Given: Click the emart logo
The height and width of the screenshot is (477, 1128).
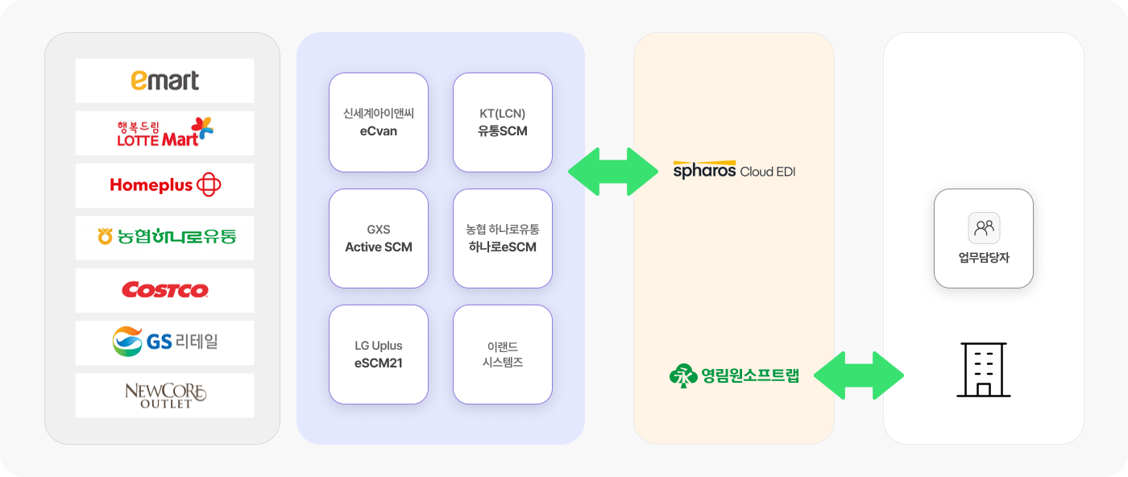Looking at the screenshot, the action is [164, 81].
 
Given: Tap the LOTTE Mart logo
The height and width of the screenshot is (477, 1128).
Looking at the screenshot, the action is [164, 132].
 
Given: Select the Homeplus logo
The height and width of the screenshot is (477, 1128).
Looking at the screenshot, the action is [165, 185].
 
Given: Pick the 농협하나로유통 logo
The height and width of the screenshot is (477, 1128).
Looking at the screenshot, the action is [166, 236].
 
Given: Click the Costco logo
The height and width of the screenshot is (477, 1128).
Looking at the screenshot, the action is [164, 290].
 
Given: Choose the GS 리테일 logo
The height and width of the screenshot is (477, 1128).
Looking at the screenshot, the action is [164, 342].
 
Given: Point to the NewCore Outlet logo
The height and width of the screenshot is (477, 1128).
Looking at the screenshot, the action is [165, 396].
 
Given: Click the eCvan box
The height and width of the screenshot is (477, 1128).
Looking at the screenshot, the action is [379, 122].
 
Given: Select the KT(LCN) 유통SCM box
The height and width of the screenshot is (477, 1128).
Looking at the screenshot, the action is [503, 122].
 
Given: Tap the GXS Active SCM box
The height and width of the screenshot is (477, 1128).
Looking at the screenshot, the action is [379, 238].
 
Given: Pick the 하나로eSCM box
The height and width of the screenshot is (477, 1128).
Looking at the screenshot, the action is [503, 238].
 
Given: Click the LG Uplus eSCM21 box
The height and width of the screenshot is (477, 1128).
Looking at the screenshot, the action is [379, 354].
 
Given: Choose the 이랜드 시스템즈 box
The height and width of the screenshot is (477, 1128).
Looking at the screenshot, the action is [503, 354].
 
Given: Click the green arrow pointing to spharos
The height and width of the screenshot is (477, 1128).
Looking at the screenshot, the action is [613, 172].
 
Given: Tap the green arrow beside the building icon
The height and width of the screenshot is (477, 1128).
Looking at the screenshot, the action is [859, 375].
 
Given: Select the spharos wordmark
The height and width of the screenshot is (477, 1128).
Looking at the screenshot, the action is [704, 170].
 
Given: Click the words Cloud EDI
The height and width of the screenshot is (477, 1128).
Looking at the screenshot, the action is [767, 172].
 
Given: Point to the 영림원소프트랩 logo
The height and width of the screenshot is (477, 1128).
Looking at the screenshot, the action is [734, 375].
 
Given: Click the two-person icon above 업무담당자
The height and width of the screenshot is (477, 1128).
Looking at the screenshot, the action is [984, 228].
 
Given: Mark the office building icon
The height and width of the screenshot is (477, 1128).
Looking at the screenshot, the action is [984, 370].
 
